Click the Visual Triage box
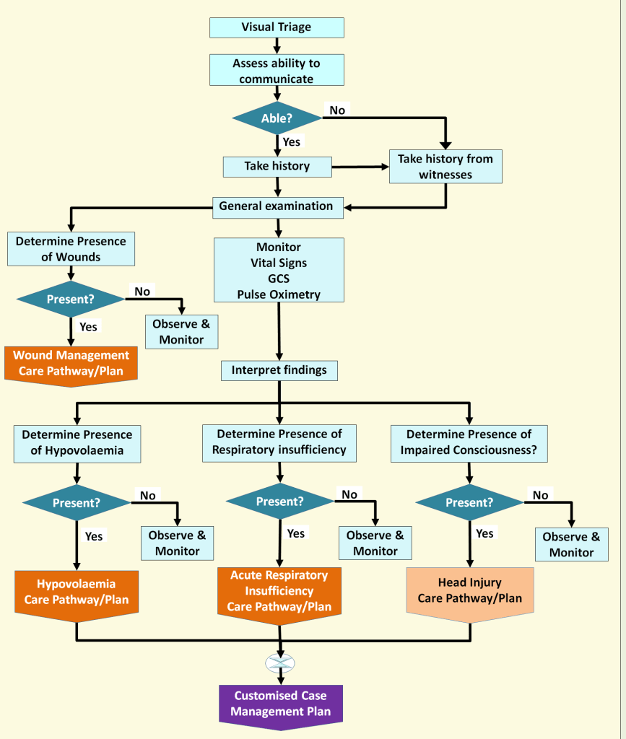[x=277, y=27]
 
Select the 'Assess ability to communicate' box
[x=277, y=71]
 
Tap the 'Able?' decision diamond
[x=277, y=118]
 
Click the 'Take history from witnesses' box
[x=445, y=166]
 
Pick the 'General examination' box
[x=277, y=206]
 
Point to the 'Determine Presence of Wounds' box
[x=71, y=249]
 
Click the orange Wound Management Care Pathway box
[x=71, y=363]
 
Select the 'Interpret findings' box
[x=279, y=370]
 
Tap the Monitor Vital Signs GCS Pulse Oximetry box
[x=279, y=271]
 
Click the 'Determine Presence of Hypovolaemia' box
[x=77, y=442]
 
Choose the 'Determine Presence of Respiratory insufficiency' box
[x=279, y=442]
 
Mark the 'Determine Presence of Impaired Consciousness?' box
[x=469, y=442]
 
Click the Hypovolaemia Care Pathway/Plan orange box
[x=77, y=591]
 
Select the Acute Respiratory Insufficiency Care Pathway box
[x=279, y=590]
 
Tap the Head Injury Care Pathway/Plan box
[x=469, y=590]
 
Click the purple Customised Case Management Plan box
[x=279, y=704]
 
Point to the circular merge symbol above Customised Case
[x=280, y=663]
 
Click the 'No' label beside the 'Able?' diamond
[x=337, y=110]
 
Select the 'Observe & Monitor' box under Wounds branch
[x=181, y=331]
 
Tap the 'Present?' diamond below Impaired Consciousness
[x=469, y=502]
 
